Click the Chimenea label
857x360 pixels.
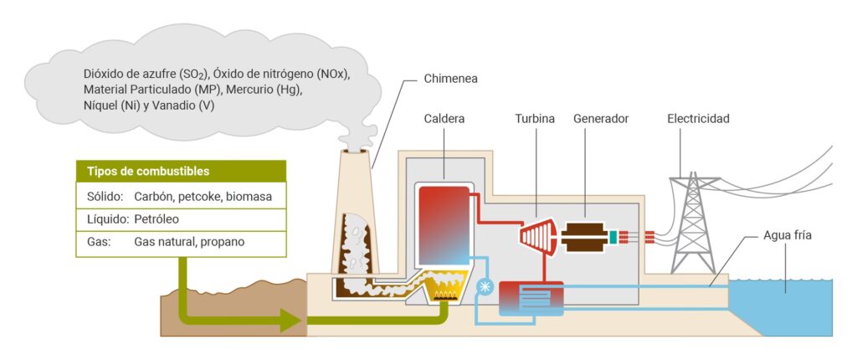(x=450, y=80)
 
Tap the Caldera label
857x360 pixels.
(x=444, y=119)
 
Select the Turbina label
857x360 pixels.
(x=534, y=119)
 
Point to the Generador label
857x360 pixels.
(x=601, y=119)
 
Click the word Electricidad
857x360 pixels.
(x=698, y=119)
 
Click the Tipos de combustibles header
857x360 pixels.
(x=148, y=172)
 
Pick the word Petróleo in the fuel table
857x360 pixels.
(x=157, y=219)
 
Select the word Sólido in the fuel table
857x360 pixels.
(x=105, y=197)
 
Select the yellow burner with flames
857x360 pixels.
(x=444, y=291)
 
